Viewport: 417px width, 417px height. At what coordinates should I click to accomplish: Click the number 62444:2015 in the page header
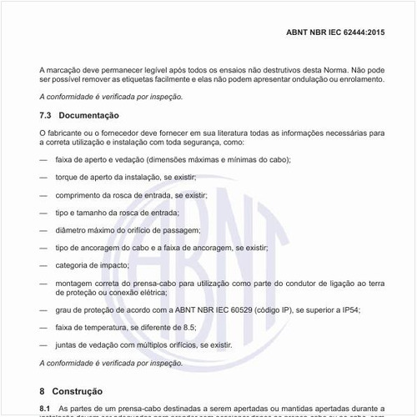click(360, 33)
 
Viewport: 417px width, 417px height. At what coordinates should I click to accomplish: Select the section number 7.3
click(47, 115)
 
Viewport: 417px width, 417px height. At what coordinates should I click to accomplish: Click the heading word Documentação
click(89, 115)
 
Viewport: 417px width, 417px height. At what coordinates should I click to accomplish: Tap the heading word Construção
click(78, 389)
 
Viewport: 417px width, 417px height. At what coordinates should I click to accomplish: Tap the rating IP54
click(350, 309)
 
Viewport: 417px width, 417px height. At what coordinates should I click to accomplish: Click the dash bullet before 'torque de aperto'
click(43, 177)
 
